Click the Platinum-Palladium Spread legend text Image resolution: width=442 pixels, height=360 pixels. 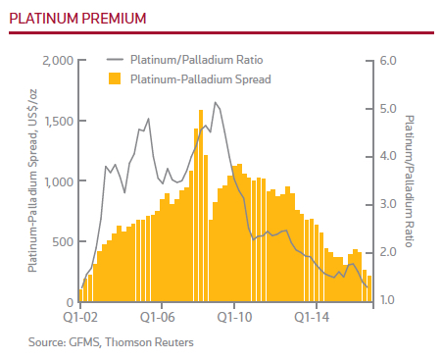tap(200, 77)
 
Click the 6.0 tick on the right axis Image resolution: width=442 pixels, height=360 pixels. tap(385, 61)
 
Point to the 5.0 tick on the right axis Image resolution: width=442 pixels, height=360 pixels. tap(385, 109)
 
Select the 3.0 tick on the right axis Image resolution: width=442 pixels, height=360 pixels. tap(385, 204)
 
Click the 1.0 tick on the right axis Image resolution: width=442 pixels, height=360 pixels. tap(385, 300)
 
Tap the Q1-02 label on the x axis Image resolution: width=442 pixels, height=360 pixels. tap(80, 318)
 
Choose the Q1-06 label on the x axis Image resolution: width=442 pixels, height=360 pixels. tap(157, 318)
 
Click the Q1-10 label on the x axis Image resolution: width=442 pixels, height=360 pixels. tap(234, 318)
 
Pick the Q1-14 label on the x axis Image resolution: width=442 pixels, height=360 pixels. tap(312, 318)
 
